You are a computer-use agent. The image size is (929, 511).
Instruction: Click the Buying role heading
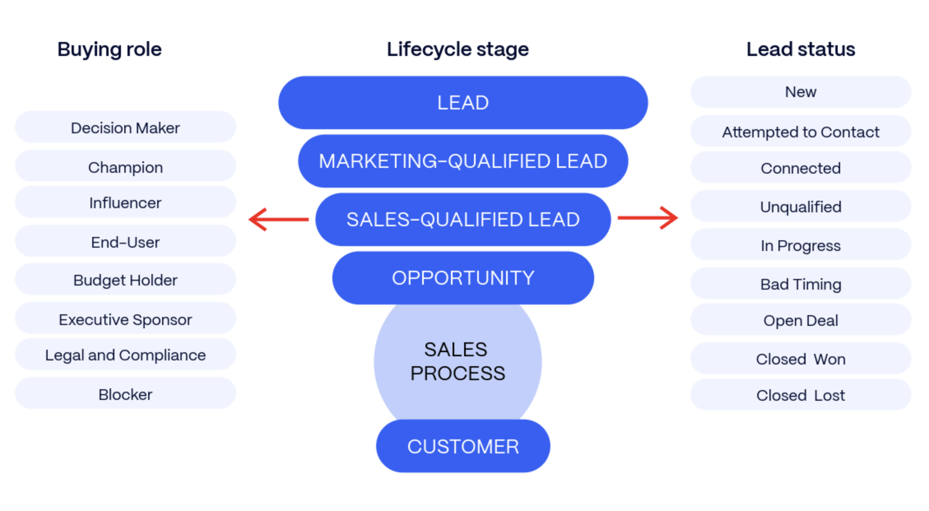coord(109,49)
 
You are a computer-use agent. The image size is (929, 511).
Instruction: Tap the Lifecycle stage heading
coord(458,49)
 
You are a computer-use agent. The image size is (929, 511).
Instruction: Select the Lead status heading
coord(801,49)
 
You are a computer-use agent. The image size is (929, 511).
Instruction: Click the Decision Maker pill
coord(125,128)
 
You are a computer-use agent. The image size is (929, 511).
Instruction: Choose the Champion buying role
coord(125,167)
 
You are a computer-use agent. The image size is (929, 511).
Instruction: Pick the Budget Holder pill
coord(125,280)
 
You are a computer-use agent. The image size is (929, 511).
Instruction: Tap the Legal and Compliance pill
coord(125,355)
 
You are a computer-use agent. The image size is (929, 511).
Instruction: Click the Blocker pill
coord(125,394)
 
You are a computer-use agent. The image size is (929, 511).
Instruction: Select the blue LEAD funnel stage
coord(463,102)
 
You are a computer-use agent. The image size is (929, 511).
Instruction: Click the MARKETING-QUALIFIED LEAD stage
coord(463,161)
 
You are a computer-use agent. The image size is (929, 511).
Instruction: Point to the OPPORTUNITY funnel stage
coord(463,278)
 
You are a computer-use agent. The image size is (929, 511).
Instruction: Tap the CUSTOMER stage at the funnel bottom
coord(463,446)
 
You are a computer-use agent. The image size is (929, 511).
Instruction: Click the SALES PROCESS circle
coord(458,361)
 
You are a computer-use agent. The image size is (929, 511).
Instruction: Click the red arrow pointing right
coord(648,218)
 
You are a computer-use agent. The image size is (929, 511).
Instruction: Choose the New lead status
coord(801,92)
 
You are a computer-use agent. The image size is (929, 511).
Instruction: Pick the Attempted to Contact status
coord(801,132)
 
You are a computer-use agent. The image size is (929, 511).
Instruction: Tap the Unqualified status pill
coord(801,206)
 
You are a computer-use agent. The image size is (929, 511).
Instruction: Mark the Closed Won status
coord(801,359)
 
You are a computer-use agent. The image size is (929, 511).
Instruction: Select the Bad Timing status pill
coord(801,283)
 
